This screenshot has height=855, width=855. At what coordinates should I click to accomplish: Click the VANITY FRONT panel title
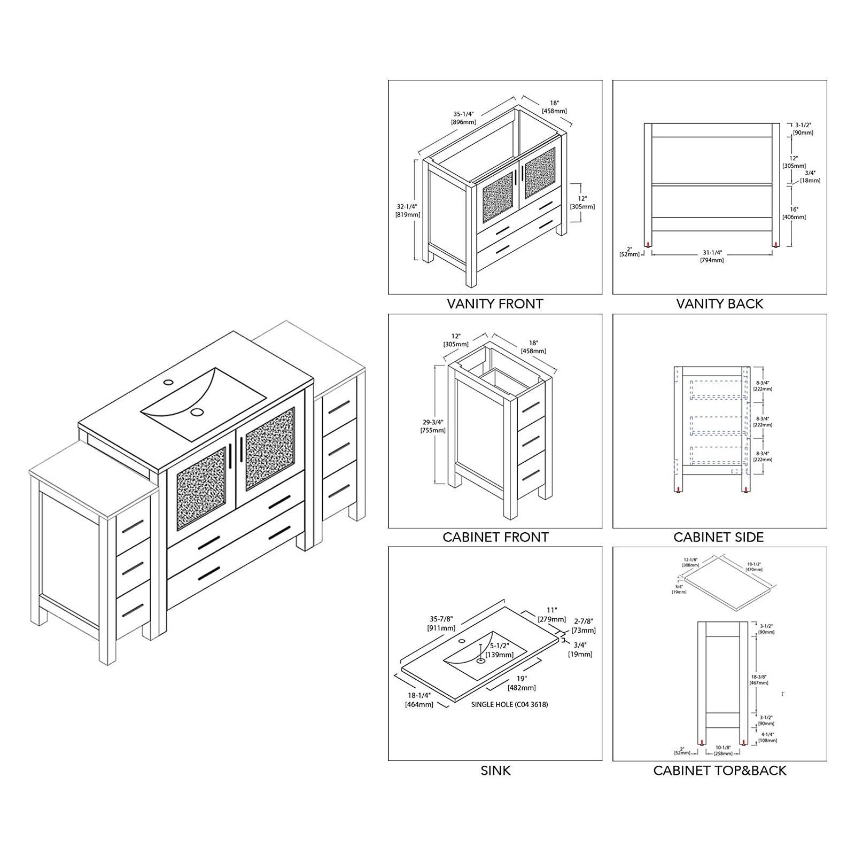[x=495, y=304]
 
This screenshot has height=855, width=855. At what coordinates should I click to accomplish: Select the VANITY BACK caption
[x=719, y=304]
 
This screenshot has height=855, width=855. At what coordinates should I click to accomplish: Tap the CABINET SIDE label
[x=719, y=537]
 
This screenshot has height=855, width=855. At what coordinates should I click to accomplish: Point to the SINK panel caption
[x=495, y=771]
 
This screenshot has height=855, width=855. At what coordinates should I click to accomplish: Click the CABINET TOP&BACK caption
[x=719, y=771]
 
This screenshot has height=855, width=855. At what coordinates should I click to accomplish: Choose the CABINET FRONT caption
[x=495, y=537]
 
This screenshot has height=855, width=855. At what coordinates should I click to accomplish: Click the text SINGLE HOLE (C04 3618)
[x=509, y=704]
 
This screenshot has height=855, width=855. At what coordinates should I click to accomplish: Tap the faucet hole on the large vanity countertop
[x=168, y=383]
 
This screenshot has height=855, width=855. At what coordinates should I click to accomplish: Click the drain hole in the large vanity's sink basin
[x=198, y=411]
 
